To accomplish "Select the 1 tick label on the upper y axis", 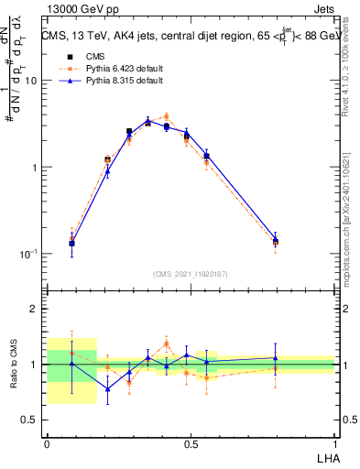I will click(x=35, y=168).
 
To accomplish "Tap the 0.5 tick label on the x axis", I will click(x=191, y=442).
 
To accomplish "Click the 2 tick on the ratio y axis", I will click(x=35, y=309).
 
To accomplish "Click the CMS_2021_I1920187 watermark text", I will click(x=191, y=273).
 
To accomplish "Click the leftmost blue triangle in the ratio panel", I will click(x=72, y=364).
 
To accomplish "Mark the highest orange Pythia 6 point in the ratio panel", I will click(x=166, y=344).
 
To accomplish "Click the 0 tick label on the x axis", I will click(x=47, y=442).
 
